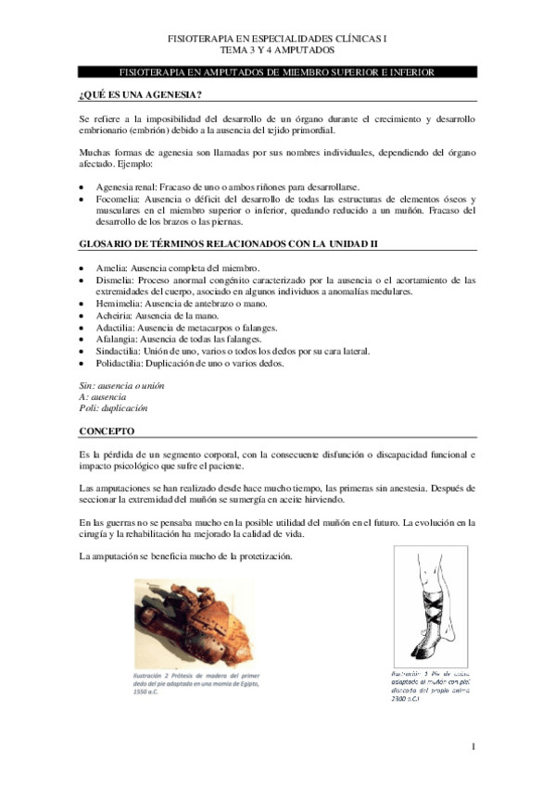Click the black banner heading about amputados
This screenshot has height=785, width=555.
pyautogui.click(x=277, y=72)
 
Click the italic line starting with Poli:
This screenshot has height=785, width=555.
pyautogui.click(x=113, y=407)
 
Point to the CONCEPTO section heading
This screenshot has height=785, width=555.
pyautogui.click(x=107, y=431)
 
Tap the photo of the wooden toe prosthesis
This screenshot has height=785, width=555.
pyautogui.click(x=193, y=625)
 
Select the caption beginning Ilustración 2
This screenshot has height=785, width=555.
pyautogui.click(x=193, y=684)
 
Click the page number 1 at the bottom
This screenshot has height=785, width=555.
pyautogui.click(x=473, y=746)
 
